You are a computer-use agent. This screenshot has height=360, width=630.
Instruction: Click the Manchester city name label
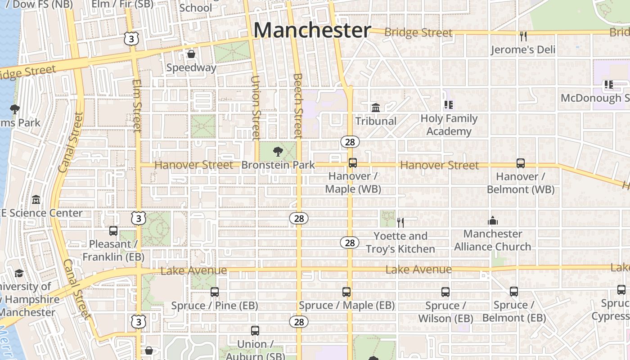312,31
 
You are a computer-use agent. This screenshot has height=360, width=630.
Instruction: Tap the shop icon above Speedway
191,54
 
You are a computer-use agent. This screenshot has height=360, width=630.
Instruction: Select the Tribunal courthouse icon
375,108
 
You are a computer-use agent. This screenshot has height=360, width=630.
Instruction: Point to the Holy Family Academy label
449,125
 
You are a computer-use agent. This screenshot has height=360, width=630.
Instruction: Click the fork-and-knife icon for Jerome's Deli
522,36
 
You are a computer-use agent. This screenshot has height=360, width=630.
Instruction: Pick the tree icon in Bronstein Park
278,151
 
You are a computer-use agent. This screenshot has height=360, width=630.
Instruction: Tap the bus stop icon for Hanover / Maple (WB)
353,163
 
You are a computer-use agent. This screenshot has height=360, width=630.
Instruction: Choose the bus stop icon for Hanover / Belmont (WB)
521,163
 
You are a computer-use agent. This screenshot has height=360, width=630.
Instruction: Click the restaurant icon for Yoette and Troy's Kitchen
400,222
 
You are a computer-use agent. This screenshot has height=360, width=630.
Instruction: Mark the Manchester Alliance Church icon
493,220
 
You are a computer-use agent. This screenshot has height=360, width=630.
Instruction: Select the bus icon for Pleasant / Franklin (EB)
113,231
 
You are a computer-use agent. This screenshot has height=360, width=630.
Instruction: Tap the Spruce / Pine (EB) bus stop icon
215,292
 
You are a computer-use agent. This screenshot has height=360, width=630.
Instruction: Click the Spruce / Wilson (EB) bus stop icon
445,292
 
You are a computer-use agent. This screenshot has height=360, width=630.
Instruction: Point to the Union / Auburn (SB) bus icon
255,331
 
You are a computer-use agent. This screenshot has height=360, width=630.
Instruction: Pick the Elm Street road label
137,106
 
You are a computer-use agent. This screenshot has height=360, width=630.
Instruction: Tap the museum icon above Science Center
36,199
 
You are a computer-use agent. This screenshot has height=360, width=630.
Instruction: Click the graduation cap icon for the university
19,273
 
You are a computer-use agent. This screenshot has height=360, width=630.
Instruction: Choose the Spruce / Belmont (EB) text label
514,311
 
